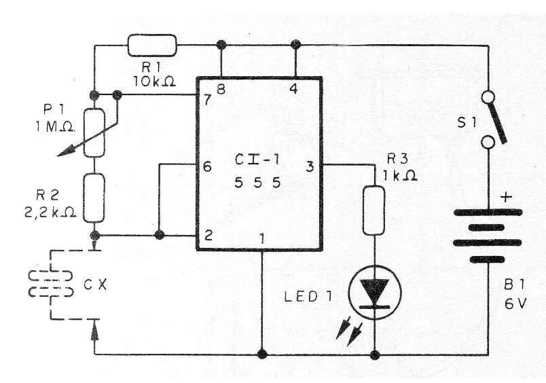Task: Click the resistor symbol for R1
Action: point(152,45)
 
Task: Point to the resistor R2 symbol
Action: point(95,198)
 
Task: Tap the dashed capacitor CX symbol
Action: point(51,283)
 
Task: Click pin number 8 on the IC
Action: point(221,89)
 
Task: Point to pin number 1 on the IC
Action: point(262,238)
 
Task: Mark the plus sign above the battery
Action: point(506,198)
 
